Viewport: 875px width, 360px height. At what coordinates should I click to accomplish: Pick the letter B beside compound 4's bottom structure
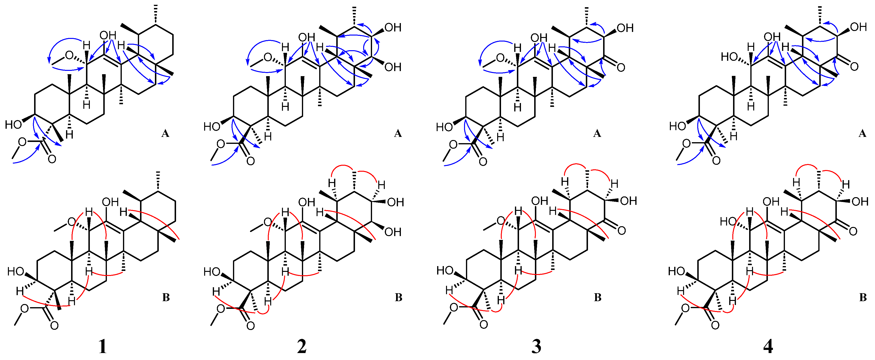[863, 298]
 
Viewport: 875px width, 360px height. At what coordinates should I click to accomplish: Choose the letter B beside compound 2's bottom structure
[398, 298]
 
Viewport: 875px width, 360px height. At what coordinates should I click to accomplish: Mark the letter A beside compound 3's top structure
[597, 134]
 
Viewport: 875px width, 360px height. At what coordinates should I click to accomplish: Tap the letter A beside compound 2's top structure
[398, 134]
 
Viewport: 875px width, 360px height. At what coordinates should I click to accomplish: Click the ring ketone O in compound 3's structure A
[621, 67]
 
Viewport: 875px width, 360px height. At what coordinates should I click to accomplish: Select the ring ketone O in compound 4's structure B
[853, 231]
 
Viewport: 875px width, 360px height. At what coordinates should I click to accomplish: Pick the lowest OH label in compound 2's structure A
[393, 67]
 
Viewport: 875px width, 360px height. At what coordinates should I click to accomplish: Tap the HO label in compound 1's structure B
[16, 272]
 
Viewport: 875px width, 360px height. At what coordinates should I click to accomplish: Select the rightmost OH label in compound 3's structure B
[628, 201]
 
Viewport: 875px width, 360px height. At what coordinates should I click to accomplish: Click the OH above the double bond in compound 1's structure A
[108, 36]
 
